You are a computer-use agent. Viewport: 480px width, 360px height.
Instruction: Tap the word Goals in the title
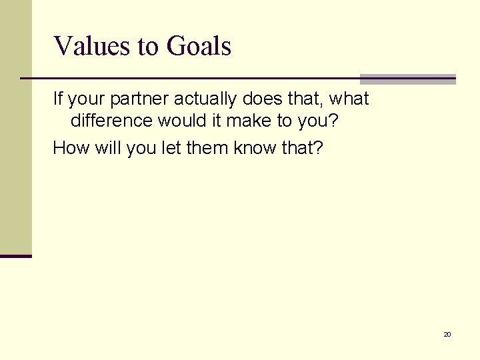pyautogui.click(x=199, y=47)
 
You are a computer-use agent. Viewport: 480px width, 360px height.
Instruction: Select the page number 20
pyautogui.click(x=447, y=334)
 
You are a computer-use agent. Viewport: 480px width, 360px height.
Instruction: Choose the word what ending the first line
pyautogui.click(x=349, y=99)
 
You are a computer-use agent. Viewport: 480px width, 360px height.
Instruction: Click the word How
pyautogui.click(x=68, y=147)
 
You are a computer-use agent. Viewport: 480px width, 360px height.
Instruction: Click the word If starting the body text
pyautogui.click(x=58, y=99)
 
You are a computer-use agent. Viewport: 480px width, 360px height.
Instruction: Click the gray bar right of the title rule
pyautogui.click(x=407, y=79)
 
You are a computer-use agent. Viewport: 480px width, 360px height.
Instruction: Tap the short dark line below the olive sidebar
pyautogui.click(x=15, y=256)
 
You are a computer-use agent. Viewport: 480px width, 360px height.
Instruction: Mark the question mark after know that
pyautogui.click(x=317, y=147)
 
